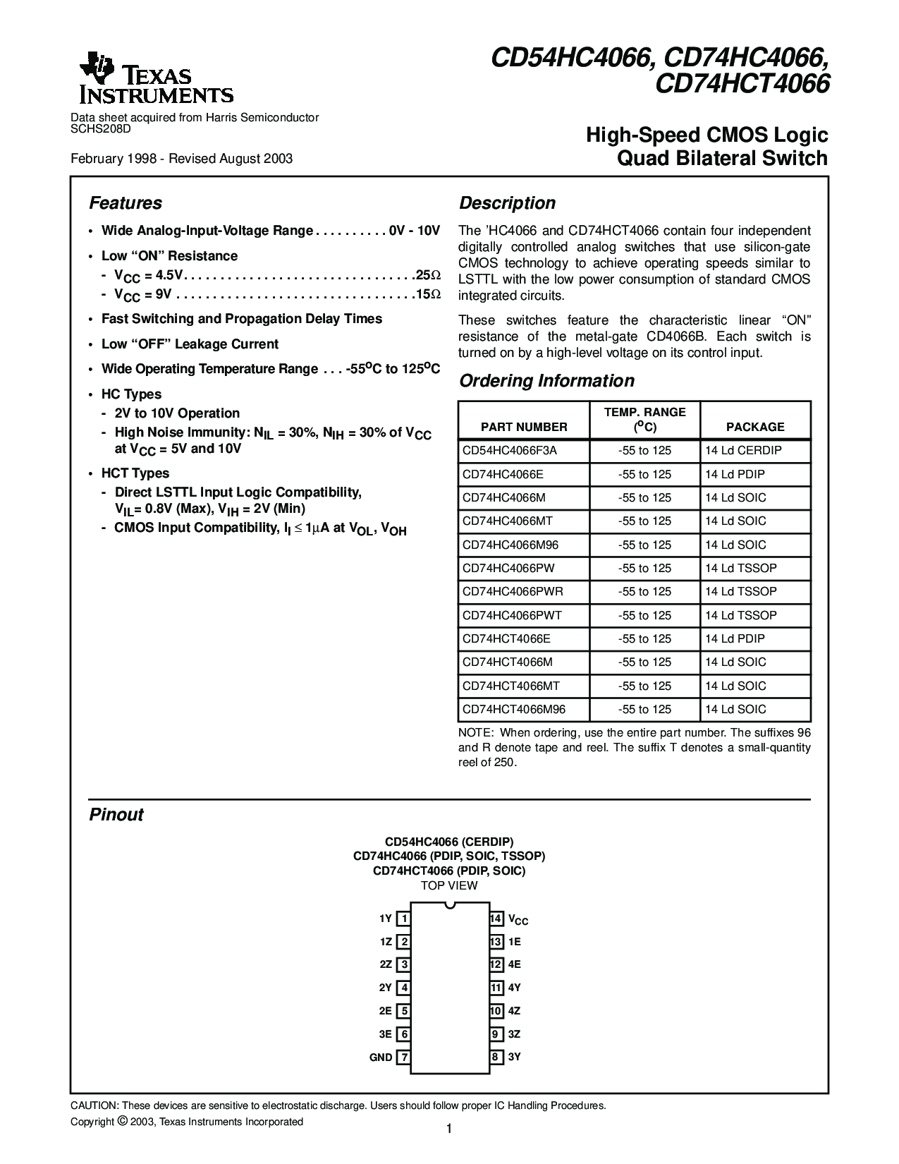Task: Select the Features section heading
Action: (126, 203)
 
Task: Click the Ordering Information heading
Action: (546, 381)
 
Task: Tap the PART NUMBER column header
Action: (524, 427)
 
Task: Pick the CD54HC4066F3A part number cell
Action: (514, 450)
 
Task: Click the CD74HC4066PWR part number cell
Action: (513, 591)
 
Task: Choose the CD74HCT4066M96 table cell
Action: (514, 709)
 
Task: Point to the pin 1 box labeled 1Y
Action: (404, 919)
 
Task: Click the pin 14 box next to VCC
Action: (496, 919)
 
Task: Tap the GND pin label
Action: (381, 1057)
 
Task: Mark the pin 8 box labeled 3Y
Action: (496, 1057)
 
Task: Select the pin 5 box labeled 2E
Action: (404, 1011)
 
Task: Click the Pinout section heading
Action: (116, 815)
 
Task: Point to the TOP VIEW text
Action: (449, 885)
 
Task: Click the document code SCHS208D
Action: (101, 128)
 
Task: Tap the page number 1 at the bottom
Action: (449, 1129)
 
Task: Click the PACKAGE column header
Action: (755, 427)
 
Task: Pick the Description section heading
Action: (508, 203)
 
